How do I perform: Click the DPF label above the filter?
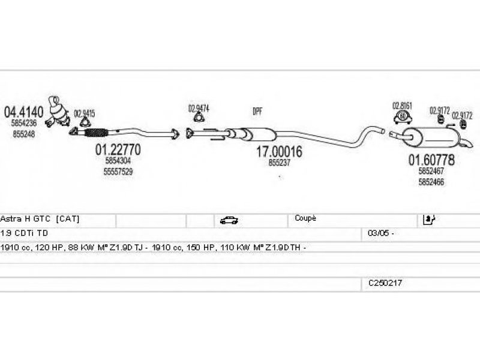coord(258,112)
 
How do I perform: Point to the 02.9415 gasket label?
coord(84,112)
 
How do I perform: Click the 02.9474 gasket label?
coord(199,109)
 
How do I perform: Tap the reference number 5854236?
coord(24,123)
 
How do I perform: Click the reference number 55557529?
coord(119,172)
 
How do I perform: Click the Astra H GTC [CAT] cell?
coord(40,219)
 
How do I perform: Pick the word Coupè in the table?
coord(305,218)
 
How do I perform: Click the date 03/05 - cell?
coord(377,233)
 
